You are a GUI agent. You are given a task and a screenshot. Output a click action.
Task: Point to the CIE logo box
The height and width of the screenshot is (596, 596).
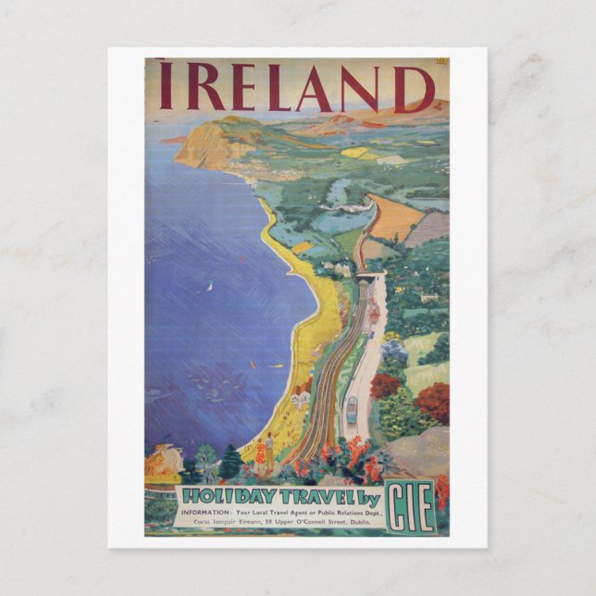point(410,505)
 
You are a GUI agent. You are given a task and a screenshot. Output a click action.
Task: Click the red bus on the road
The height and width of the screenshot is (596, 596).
point(374,316)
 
